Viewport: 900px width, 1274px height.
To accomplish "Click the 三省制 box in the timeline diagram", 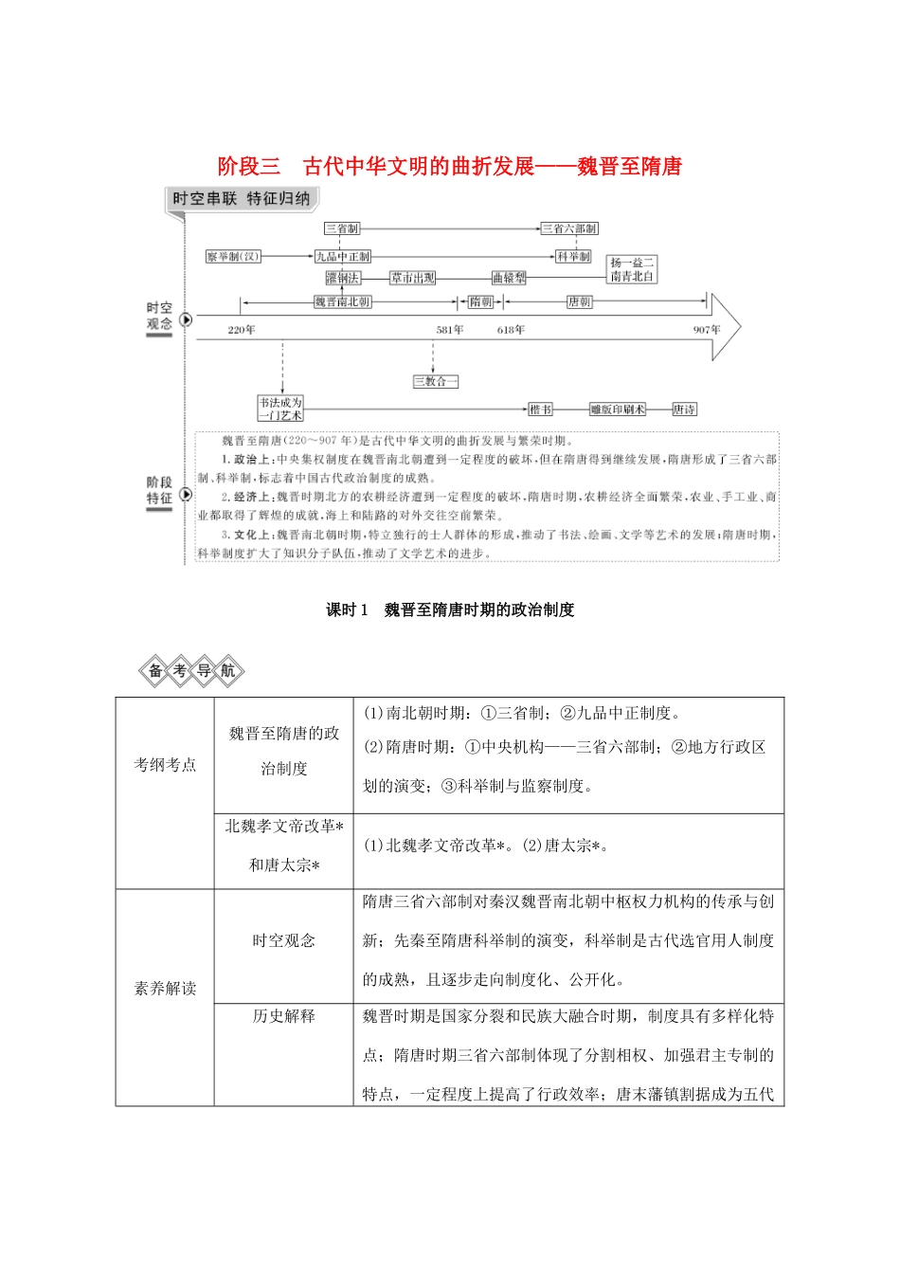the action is (x=342, y=228).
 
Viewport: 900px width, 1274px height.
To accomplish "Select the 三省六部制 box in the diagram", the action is (x=569, y=228).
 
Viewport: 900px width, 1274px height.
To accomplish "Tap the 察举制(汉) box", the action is (x=233, y=256).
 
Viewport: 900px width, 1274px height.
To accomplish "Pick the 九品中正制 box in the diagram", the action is (x=343, y=256).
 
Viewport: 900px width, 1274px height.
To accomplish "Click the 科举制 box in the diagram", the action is (x=573, y=256).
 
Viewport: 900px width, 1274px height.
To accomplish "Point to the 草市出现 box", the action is (x=413, y=278).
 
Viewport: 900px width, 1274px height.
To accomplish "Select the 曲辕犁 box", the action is (x=509, y=278).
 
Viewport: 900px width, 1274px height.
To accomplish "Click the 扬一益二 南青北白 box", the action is (x=632, y=269).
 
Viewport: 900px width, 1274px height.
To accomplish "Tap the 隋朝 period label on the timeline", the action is (x=481, y=301).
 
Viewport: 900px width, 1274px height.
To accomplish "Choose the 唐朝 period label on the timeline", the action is (x=580, y=301).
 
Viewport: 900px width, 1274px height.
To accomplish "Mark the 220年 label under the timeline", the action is (x=242, y=330).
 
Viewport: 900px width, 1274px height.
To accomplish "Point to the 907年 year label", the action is (x=707, y=330).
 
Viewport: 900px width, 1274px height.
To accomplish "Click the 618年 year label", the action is (x=511, y=330).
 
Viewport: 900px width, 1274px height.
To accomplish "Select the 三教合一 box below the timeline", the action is (x=436, y=381).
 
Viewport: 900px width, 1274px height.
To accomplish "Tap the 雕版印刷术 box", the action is (x=617, y=409).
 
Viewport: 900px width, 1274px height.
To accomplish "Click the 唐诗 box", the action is (x=684, y=409).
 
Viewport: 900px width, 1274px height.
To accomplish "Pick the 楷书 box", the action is (x=540, y=409).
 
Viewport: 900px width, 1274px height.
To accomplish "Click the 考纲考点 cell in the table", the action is (x=165, y=765).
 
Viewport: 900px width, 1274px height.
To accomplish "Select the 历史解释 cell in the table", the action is (x=283, y=1016).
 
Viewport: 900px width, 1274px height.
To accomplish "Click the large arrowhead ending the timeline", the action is (x=726, y=326).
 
